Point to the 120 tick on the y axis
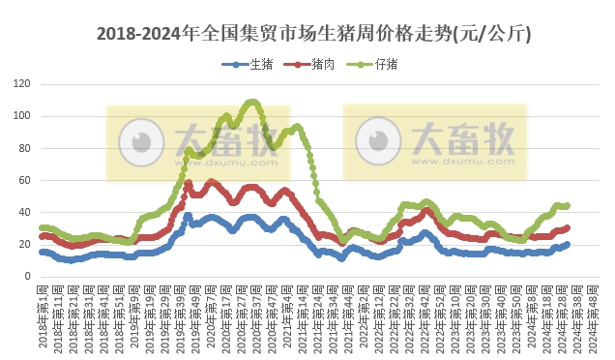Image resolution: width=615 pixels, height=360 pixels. pos(22,84)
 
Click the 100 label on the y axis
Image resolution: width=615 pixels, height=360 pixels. pos(22,116)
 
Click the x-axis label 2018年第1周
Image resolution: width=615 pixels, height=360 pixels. pos(44,315)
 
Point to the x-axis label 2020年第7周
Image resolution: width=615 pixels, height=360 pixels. pos(212,315)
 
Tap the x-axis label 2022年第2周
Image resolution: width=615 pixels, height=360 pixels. pos(364,315)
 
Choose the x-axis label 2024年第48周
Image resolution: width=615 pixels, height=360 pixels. pos(593,315)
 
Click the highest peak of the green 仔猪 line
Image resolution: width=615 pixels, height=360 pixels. pos(252,102)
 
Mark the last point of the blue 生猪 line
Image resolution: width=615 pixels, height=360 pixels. pos(567,244)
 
